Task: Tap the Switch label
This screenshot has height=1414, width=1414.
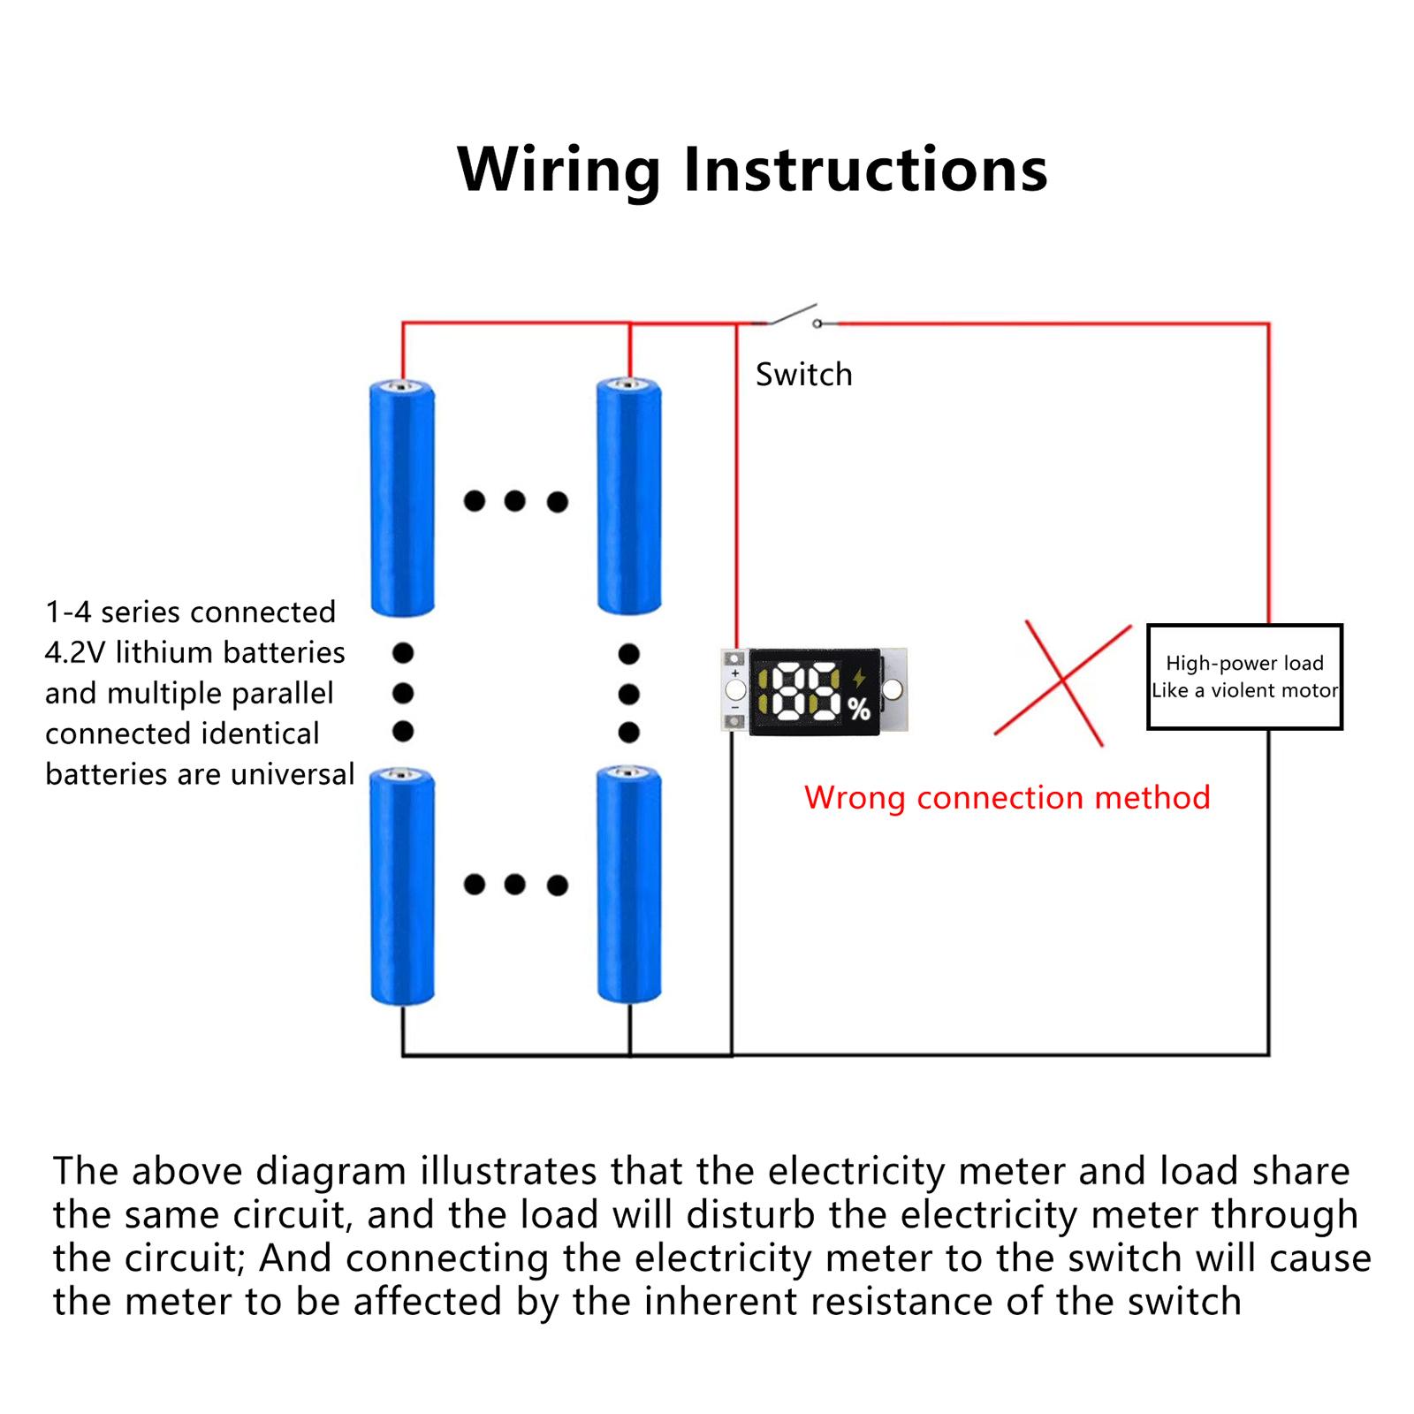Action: (804, 375)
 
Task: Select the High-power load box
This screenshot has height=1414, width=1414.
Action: (1244, 677)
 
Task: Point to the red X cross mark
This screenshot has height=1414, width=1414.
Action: (1063, 682)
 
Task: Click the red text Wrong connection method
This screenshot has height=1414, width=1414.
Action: (1007, 798)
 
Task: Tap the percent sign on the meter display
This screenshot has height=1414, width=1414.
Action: (859, 709)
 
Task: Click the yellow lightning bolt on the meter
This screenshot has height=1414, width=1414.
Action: (858, 678)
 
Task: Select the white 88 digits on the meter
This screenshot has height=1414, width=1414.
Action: (807, 690)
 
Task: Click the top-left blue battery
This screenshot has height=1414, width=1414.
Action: (402, 497)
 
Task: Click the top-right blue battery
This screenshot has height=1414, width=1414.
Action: (629, 495)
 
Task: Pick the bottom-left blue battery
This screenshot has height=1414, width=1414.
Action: (402, 886)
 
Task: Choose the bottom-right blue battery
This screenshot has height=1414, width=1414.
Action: (629, 885)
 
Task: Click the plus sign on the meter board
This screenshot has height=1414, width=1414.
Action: (735, 673)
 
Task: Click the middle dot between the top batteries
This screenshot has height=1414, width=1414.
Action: (515, 502)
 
